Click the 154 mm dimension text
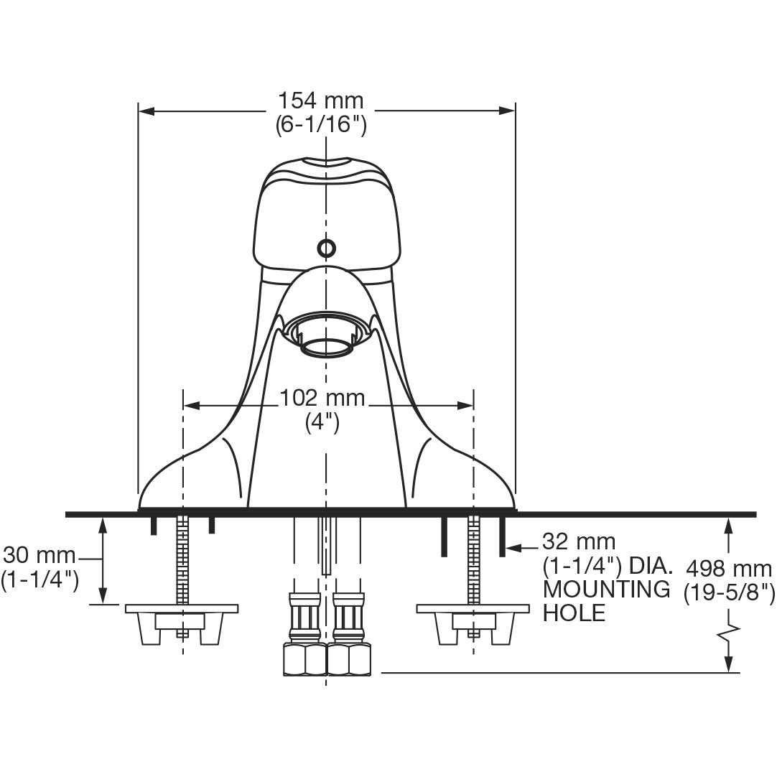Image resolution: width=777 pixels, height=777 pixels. point(320,101)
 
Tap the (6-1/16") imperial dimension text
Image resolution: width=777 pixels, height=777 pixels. point(321,124)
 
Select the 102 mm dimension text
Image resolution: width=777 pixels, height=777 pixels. point(322,398)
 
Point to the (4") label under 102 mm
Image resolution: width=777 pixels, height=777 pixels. point(322,423)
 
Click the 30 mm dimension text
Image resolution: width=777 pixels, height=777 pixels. point(39,556)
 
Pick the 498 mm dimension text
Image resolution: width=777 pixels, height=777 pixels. point(729,568)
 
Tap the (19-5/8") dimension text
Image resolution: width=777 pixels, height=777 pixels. point(729,592)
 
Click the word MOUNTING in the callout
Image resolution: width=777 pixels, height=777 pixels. point(607,589)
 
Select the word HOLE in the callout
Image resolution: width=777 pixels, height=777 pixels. point(574,613)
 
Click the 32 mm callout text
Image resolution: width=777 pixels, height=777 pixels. point(579,541)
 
